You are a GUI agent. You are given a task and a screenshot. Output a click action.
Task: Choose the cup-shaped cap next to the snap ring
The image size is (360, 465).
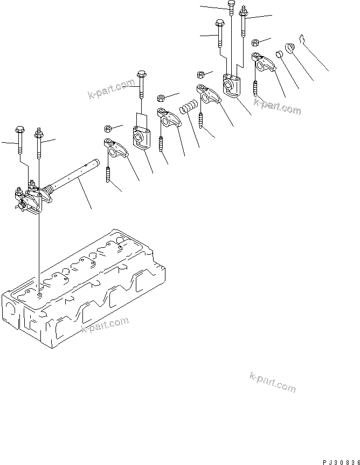coord(290,48)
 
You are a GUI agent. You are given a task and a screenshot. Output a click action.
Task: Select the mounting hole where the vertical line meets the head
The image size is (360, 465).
coord(39,294)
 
